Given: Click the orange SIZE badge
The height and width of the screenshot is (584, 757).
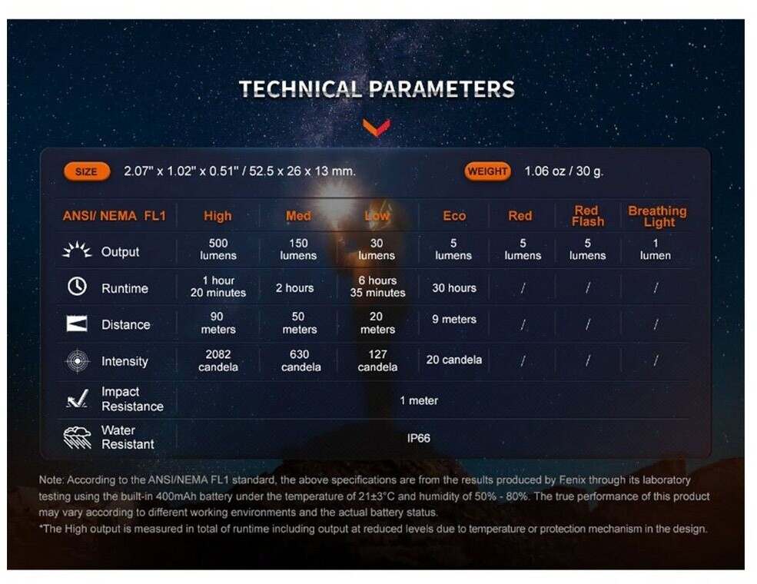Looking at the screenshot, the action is [87, 171].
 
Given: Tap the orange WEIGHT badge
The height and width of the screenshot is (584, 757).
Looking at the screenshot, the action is [487, 171].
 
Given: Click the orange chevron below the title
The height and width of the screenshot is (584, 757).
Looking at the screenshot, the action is [377, 128].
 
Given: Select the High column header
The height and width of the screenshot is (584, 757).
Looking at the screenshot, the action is [217, 216].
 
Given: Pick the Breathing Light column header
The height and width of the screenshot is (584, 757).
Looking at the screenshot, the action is [658, 216].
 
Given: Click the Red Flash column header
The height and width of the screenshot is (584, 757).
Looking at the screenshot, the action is [588, 216].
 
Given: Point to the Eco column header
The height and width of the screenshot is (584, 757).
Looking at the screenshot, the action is [454, 216].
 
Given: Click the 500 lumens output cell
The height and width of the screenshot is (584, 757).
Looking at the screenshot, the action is [218, 249].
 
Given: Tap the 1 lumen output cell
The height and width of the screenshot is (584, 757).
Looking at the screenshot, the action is [655, 249].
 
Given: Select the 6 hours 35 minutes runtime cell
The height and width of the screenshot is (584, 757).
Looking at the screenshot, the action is [377, 287].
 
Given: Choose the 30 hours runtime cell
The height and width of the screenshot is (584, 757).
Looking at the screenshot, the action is [453, 288].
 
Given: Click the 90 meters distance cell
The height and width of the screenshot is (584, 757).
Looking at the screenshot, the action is [217, 323].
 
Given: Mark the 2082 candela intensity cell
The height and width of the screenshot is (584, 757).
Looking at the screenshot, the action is [218, 360].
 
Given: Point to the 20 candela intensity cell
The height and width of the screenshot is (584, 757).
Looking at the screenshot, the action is [453, 360].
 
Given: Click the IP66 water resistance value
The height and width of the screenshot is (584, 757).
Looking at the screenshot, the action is [418, 438].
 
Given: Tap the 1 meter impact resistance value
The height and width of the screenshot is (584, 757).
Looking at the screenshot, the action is [419, 400].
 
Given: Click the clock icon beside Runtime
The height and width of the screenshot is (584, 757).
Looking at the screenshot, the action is [78, 287].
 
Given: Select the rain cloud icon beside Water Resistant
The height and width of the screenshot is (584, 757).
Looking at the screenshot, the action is [78, 437].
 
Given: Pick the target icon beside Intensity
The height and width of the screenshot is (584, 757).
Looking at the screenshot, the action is [78, 361].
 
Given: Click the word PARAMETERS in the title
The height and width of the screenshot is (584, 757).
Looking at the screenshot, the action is [442, 89].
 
